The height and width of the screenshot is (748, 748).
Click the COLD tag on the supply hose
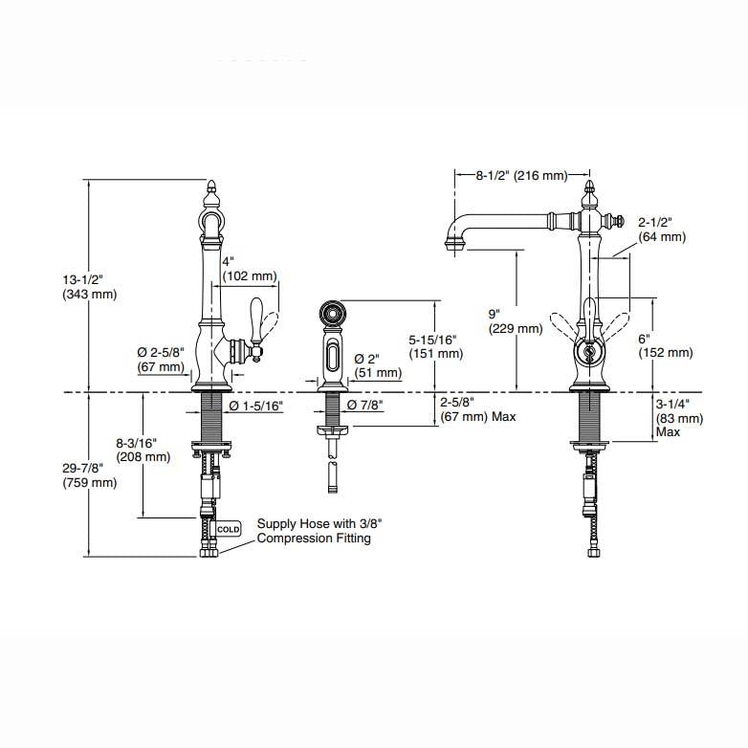[229, 529]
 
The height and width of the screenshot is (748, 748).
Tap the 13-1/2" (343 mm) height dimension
[90, 286]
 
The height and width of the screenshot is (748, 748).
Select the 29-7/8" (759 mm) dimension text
[90, 475]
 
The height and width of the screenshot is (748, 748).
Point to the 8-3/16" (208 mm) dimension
[143, 450]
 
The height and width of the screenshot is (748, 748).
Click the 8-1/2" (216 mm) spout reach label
[521, 176]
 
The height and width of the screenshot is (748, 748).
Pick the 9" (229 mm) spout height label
[516, 321]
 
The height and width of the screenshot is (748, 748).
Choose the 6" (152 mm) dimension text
[666, 345]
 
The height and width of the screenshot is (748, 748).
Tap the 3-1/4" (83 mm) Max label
[679, 418]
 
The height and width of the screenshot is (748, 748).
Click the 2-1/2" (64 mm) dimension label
[662, 230]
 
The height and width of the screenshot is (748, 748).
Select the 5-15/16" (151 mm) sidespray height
[436, 346]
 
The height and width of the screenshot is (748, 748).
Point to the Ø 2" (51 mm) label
[378, 365]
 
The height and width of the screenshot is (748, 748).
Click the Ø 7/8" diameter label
[365, 405]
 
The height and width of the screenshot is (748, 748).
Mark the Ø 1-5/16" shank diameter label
[256, 406]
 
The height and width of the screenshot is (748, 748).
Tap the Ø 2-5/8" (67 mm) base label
[161, 360]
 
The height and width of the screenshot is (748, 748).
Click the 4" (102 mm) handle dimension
[250, 269]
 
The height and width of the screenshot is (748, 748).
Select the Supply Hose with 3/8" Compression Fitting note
[319, 531]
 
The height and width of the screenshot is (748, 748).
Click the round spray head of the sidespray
[332, 314]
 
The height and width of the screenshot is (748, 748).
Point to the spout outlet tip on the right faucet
[455, 245]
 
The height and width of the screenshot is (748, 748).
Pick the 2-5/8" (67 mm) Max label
[478, 409]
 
